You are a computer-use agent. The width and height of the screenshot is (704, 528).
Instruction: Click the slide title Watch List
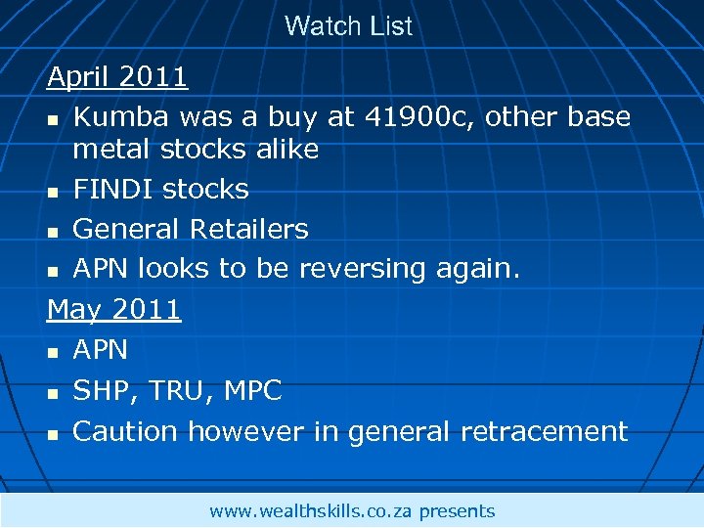(348, 26)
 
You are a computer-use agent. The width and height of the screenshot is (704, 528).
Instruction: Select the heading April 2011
(117, 75)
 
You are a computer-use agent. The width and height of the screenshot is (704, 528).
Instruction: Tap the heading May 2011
(113, 310)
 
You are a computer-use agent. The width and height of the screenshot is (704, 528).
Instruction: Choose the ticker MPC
(252, 391)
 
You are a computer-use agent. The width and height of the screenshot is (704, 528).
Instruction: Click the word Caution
(125, 431)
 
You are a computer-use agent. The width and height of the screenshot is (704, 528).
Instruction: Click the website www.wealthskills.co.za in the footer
(311, 511)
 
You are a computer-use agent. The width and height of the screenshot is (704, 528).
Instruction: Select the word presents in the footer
(457, 511)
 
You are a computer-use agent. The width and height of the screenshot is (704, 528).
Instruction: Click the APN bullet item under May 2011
(101, 350)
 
